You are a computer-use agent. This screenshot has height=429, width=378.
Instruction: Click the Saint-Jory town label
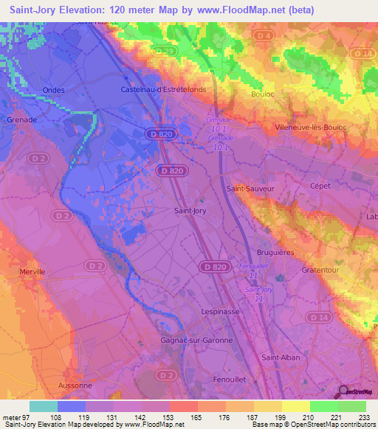190,210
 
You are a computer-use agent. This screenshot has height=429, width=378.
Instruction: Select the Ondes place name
54,90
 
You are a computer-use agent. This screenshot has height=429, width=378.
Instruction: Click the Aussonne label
75,385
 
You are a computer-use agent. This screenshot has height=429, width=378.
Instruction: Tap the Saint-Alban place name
280,357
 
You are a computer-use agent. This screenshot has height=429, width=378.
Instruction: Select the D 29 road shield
168,51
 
